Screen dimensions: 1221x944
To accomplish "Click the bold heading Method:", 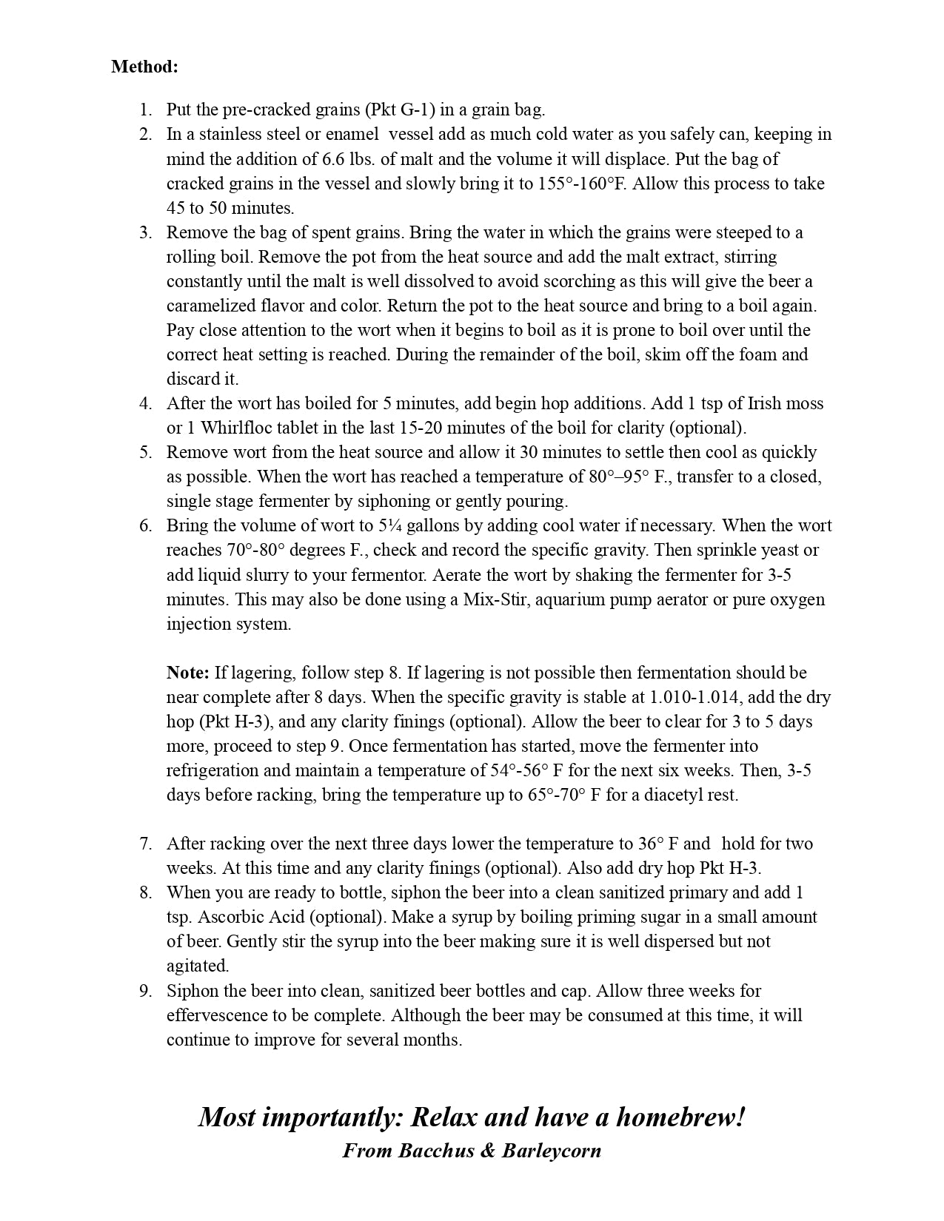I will point(144,67).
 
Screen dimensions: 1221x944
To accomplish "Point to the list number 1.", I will point(145,110).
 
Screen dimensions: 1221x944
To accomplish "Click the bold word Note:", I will point(188,673).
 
